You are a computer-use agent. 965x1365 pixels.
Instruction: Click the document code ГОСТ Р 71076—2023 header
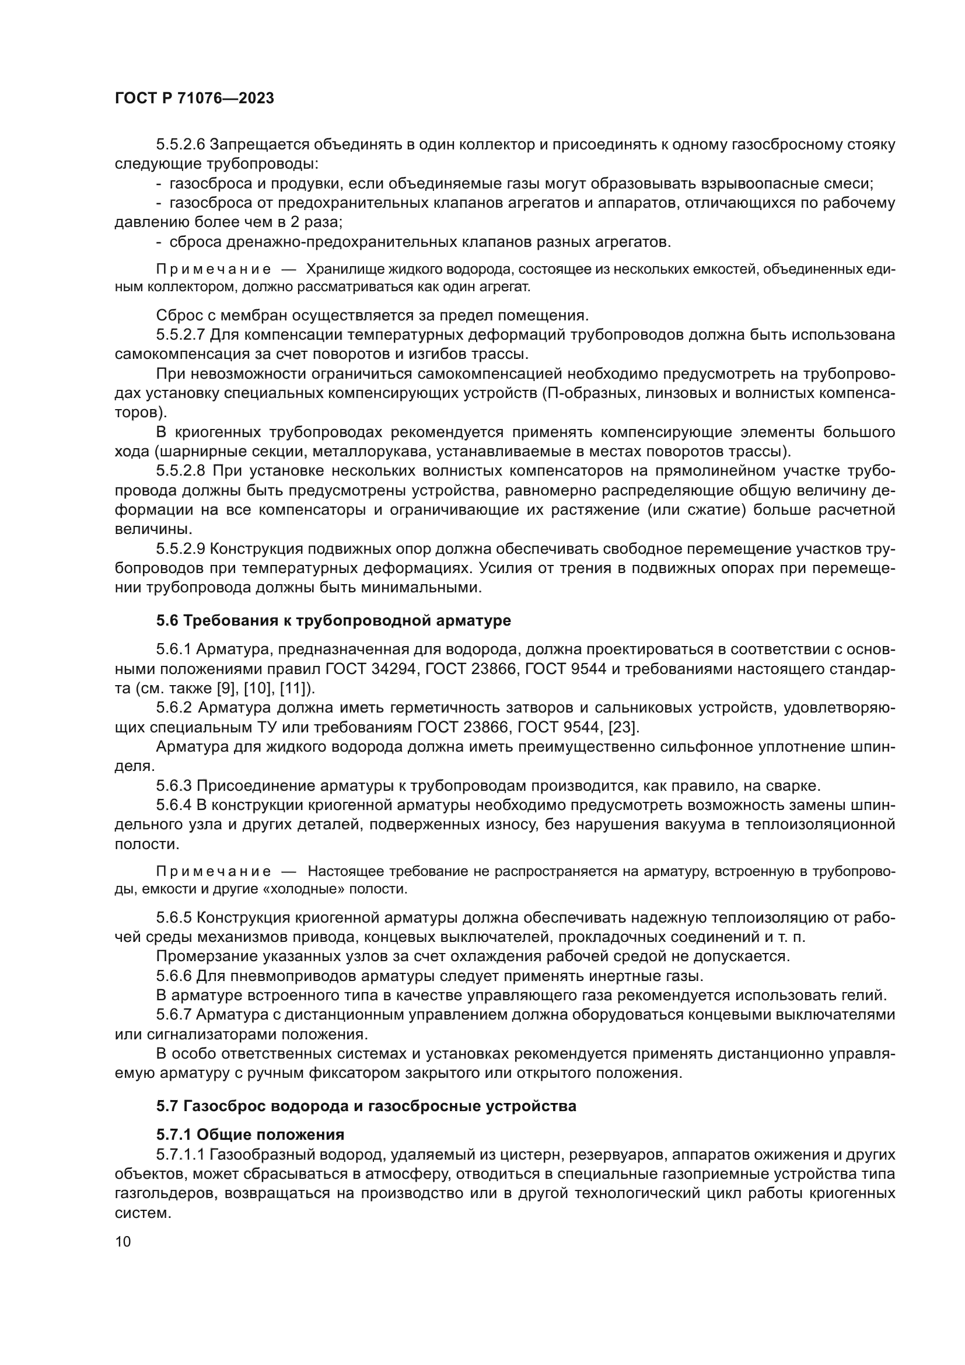194,99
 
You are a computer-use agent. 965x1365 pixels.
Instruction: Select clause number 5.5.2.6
181,145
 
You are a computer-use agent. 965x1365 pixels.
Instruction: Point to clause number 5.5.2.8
181,471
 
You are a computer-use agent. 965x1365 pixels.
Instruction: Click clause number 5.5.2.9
181,549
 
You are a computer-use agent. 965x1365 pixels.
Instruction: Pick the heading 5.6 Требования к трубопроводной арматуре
333,621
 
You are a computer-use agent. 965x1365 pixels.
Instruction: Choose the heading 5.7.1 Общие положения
250,1134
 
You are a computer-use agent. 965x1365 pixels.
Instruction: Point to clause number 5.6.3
174,786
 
